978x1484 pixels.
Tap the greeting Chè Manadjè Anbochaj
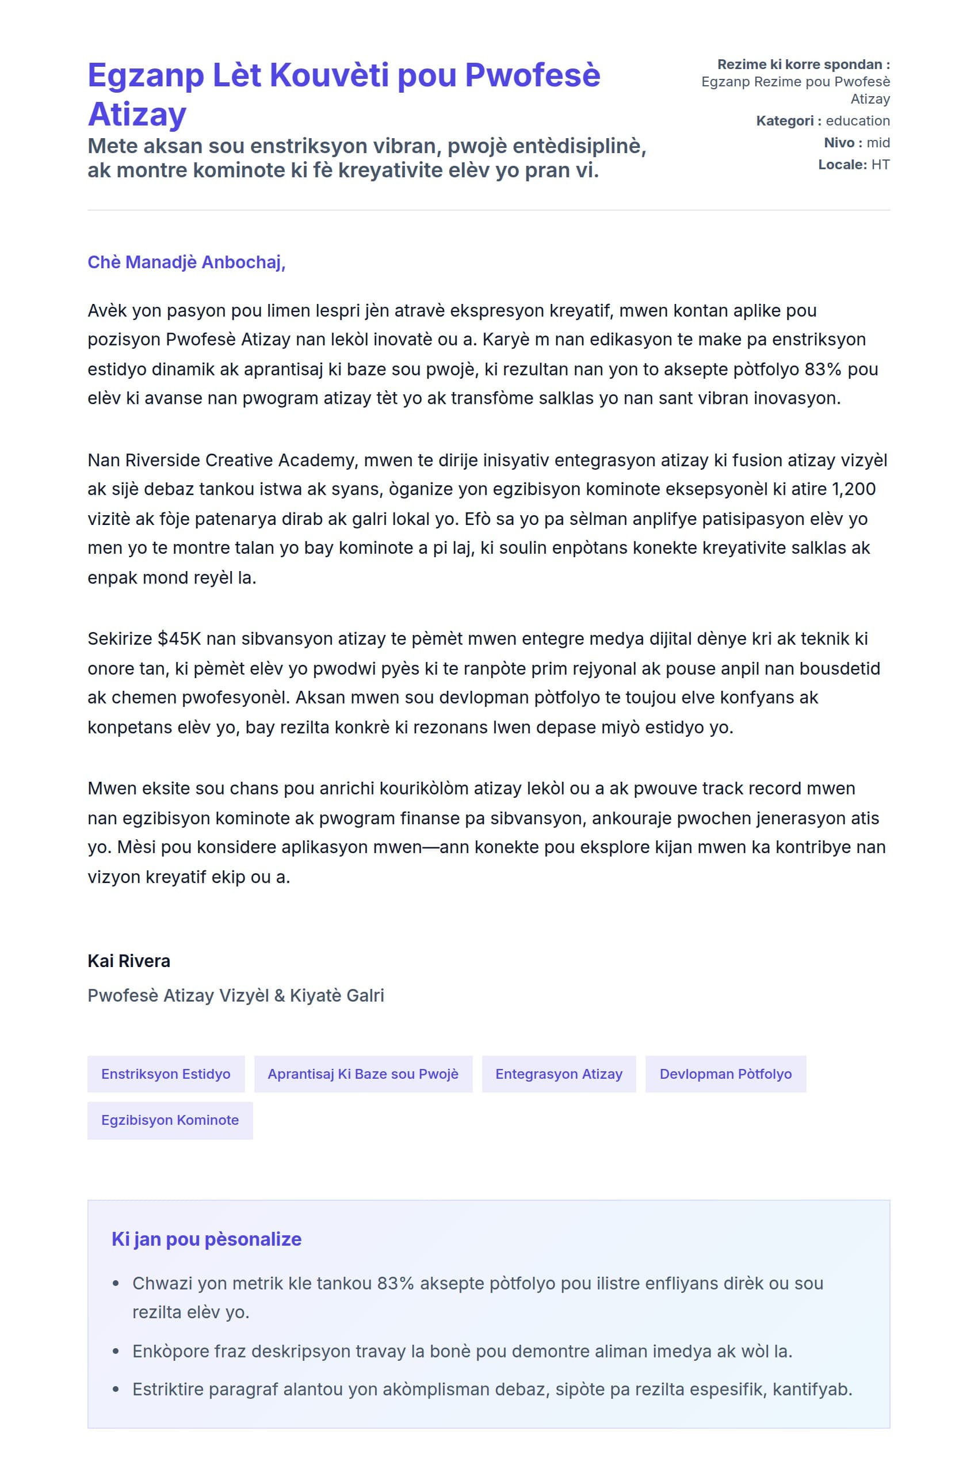[186, 262]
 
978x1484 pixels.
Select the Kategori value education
[857, 121]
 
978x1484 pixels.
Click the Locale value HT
[880, 165]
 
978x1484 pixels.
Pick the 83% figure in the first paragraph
[823, 370]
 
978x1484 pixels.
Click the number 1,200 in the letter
[854, 489]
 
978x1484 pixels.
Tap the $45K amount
[179, 639]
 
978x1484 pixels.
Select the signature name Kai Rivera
[128, 961]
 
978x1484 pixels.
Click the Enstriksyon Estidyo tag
[166, 1074]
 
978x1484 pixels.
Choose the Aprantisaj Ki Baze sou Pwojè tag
[363, 1074]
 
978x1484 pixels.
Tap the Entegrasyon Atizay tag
[558, 1074]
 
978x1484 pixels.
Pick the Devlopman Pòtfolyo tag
[725, 1074]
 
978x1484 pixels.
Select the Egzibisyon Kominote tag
[170, 1120]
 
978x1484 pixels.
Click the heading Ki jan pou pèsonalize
[207, 1239]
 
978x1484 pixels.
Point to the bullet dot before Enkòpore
[116, 1352]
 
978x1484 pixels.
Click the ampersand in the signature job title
[279, 995]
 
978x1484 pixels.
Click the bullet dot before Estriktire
[116, 1390]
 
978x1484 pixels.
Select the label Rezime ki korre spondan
[803, 64]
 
